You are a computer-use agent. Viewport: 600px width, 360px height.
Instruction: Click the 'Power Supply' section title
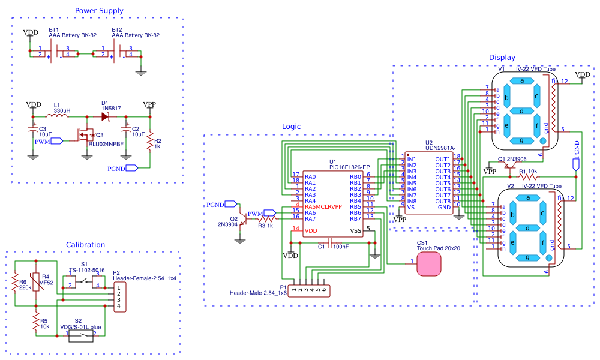[99, 11]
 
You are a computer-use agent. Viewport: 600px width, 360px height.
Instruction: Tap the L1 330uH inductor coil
[62, 116]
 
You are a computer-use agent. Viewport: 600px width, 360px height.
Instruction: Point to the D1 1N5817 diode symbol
[106, 116]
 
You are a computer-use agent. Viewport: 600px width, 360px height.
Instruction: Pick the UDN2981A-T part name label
[442, 148]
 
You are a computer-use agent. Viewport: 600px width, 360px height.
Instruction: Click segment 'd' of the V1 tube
[522, 110]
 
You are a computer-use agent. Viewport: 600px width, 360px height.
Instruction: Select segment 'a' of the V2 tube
[528, 198]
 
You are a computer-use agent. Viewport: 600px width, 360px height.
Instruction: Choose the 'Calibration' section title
[85, 245]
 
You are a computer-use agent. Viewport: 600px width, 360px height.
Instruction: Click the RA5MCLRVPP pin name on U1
[323, 206]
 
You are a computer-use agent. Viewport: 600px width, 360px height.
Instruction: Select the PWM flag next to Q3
[56, 142]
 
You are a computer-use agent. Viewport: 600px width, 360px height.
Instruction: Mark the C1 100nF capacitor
[331, 243]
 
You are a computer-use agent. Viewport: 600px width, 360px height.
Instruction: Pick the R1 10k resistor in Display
[529, 177]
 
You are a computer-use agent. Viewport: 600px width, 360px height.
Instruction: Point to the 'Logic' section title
[291, 127]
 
